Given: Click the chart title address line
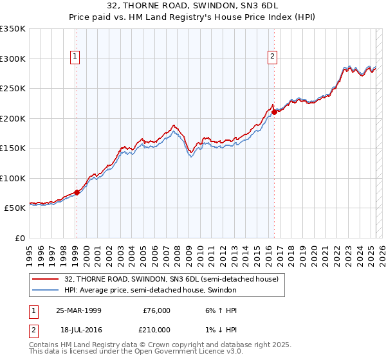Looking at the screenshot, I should tap(193, 6).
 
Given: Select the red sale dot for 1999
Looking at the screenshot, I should tap(77, 192).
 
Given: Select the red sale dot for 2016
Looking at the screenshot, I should tap(274, 112).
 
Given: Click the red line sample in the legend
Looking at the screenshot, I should tap(46, 280).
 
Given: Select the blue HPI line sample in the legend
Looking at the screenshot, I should tap(46, 290).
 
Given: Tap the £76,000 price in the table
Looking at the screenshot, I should tap(156, 310).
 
